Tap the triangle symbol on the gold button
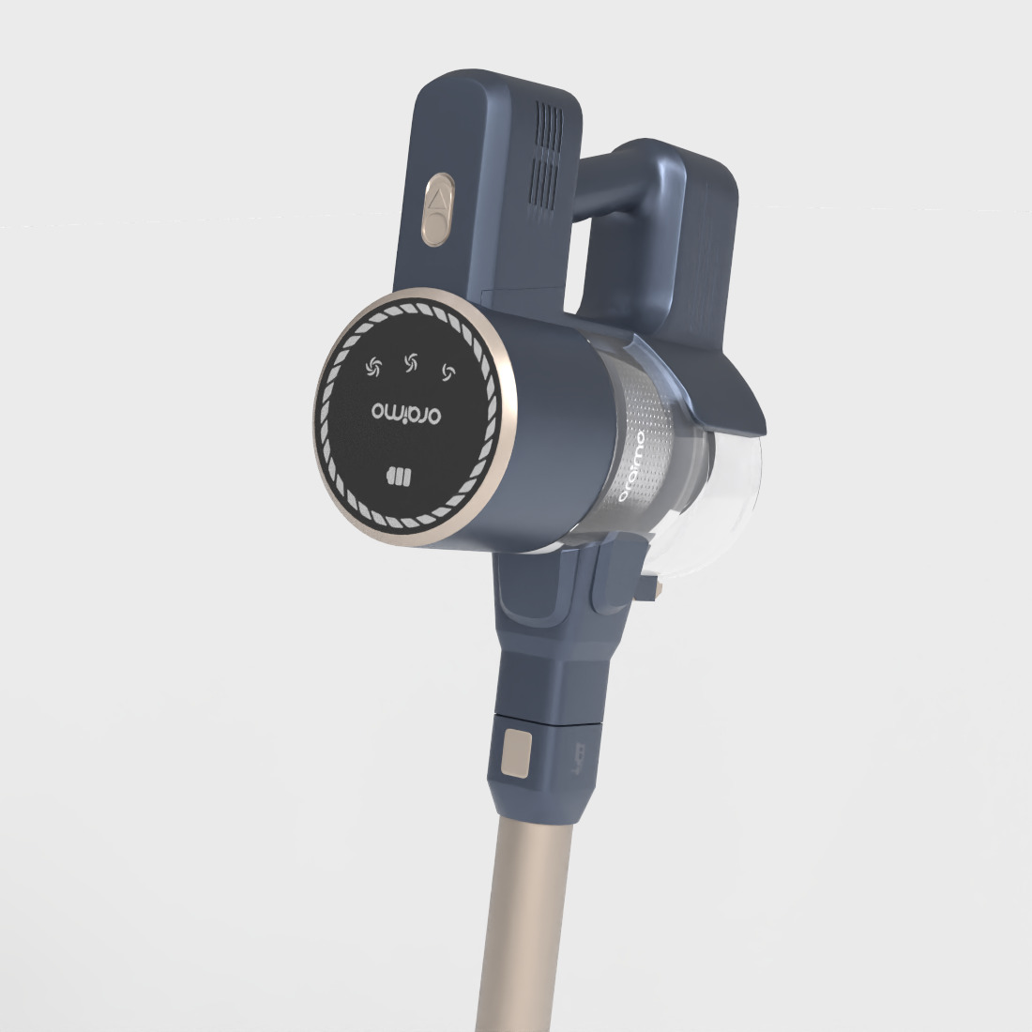pyautogui.click(x=436, y=199)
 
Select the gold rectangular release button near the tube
pyautogui.click(x=515, y=755)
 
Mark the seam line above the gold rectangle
pyautogui.click(x=544, y=724)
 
